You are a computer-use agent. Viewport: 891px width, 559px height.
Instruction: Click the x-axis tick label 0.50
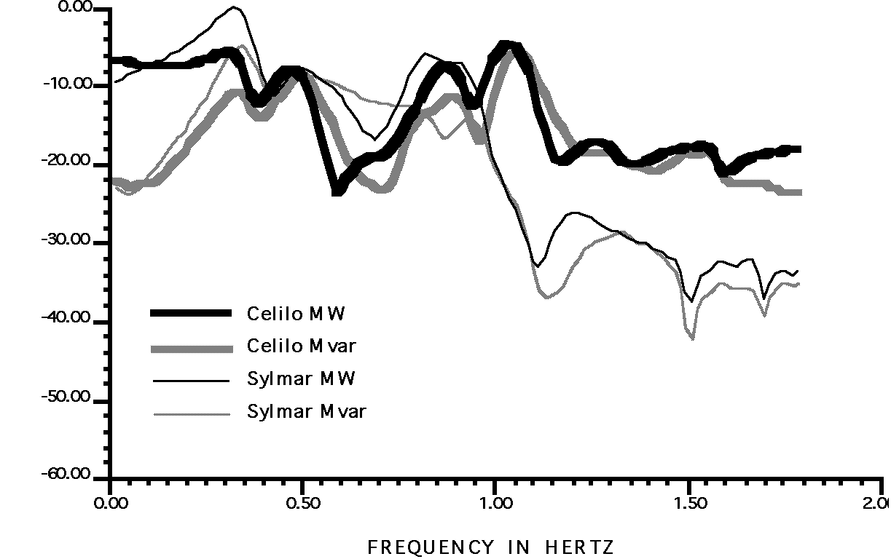(x=302, y=503)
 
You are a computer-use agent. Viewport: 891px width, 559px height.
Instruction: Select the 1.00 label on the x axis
(x=495, y=503)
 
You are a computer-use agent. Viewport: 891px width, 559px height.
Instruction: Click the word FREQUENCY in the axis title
(x=430, y=547)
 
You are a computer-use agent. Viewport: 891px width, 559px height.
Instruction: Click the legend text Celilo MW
(x=296, y=314)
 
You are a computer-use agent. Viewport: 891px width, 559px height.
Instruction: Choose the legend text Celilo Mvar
(x=302, y=346)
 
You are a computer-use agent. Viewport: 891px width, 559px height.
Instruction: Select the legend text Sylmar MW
(x=301, y=379)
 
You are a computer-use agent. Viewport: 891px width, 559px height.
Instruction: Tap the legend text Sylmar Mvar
(x=307, y=412)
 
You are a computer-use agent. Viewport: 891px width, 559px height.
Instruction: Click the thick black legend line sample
(x=191, y=314)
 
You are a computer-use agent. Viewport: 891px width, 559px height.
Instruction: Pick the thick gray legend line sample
(x=191, y=347)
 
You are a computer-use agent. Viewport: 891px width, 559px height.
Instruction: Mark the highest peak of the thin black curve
(x=234, y=7)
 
